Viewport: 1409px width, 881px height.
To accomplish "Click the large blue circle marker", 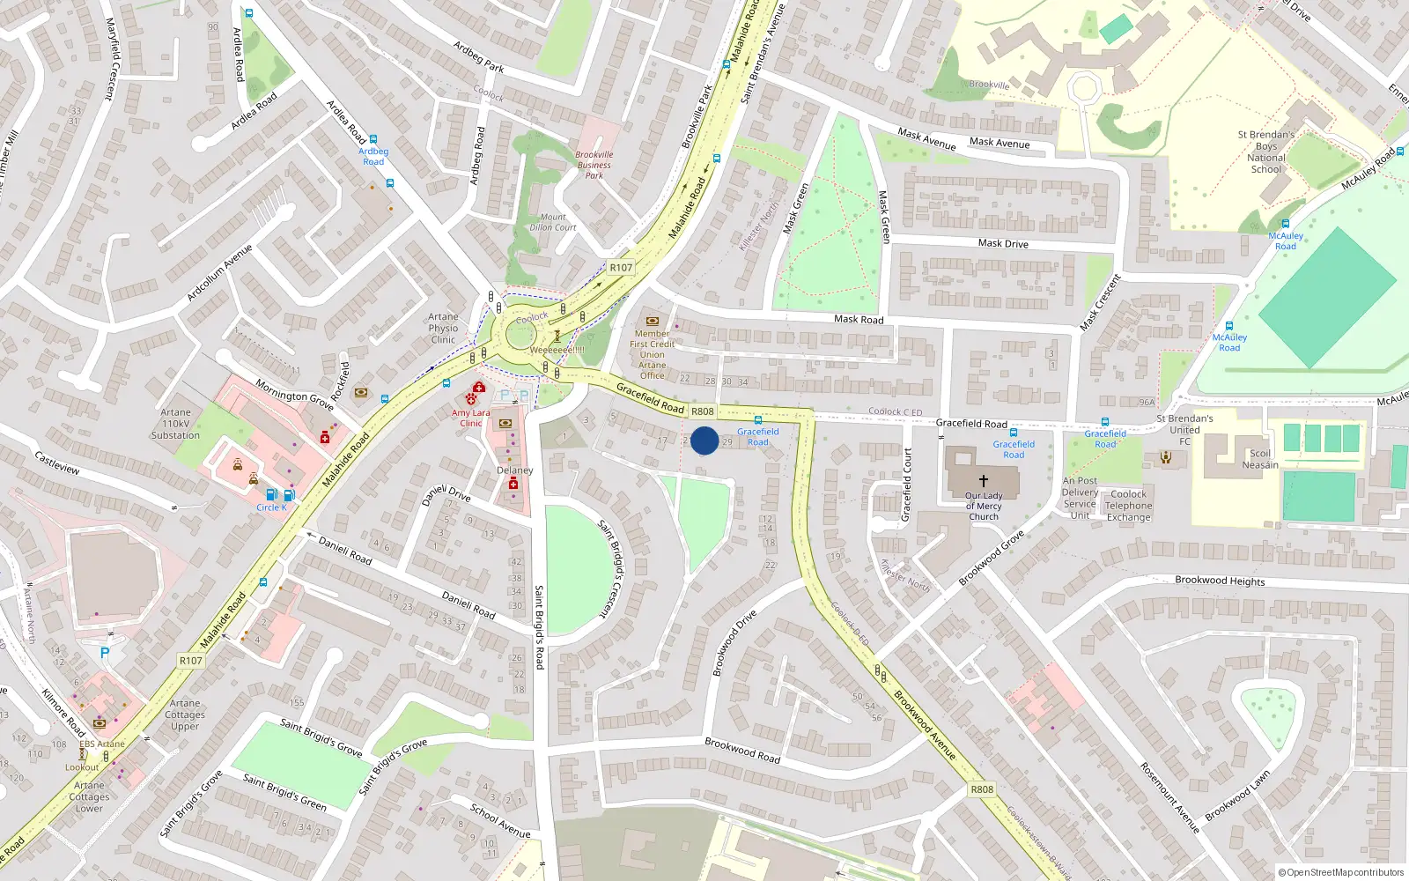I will pyautogui.click(x=704, y=440).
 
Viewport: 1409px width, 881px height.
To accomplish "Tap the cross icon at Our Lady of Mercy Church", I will pyautogui.click(x=983, y=481).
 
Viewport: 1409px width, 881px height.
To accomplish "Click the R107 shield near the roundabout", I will pyautogui.click(x=621, y=268).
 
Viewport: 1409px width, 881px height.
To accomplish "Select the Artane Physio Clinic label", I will pyautogui.click(x=443, y=329).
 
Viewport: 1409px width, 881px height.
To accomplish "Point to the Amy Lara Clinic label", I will pyautogui.click(x=471, y=418).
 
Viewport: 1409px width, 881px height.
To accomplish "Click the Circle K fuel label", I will pyautogui.click(x=271, y=507).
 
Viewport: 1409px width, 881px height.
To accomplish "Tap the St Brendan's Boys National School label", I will pyautogui.click(x=1265, y=152).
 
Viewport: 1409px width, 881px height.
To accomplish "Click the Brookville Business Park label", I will pyautogui.click(x=594, y=165).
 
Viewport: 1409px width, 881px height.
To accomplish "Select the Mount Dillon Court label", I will pyautogui.click(x=553, y=222).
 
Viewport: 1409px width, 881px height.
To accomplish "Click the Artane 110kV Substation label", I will pyautogui.click(x=175, y=424).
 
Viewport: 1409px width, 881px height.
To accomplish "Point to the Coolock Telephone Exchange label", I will pyautogui.click(x=1128, y=506).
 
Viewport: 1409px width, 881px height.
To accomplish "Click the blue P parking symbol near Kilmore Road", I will pyautogui.click(x=105, y=653).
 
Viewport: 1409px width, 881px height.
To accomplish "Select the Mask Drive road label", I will pyautogui.click(x=1003, y=243).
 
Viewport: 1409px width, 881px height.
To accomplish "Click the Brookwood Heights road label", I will pyautogui.click(x=1220, y=581).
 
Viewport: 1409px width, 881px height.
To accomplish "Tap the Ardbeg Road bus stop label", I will pyautogui.click(x=373, y=156).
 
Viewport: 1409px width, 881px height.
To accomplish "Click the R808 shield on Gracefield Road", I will pyautogui.click(x=702, y=411).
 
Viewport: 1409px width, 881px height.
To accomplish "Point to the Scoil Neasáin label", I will pyautogui.click(x=1260, y=459).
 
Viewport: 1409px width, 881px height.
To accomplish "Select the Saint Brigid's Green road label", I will pyautogui.click(x=284, y=792).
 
